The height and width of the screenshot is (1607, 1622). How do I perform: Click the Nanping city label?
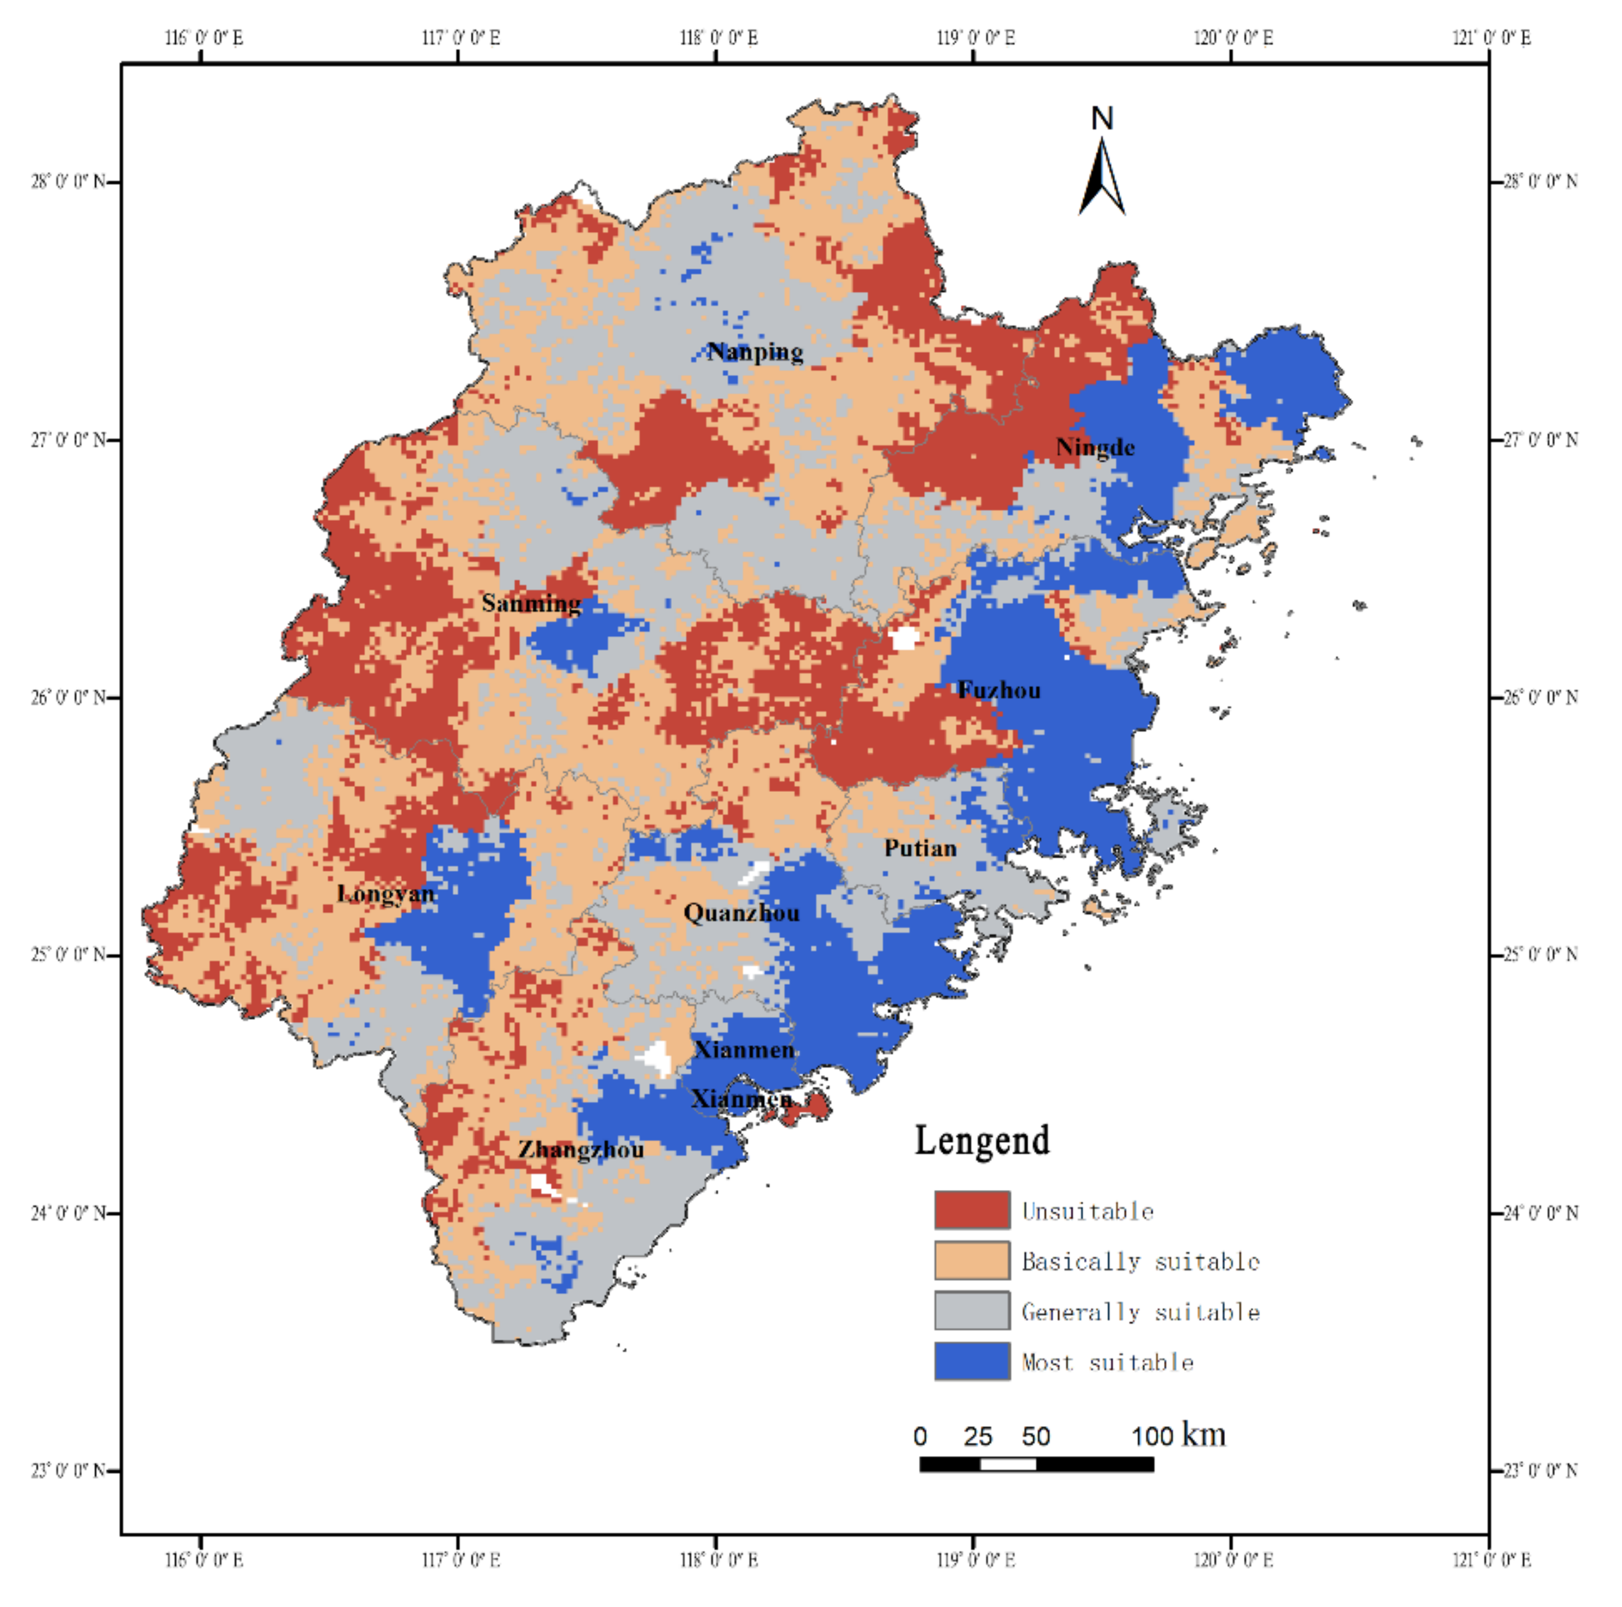pos(755,352)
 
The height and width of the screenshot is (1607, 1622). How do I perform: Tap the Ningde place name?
pos(1095,448)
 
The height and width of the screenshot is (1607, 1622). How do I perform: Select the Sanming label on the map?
pos(531,603)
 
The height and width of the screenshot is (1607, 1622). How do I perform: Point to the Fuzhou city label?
pos(999,690)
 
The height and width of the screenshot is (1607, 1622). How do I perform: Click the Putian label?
pos(920,849)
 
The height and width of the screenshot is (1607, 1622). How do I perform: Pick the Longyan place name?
pos(386,894)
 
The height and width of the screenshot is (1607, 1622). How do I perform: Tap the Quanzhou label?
pos(741,913)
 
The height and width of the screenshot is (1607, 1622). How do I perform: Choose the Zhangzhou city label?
pos(581,1150)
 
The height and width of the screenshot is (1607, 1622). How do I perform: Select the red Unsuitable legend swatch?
pos(972,1210)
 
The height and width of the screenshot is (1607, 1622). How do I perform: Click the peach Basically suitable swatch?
pos(972,1260)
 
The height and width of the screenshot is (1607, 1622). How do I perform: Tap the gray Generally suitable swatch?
pos(972,1311)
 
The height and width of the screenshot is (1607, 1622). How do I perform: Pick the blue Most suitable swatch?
pos(972,1361)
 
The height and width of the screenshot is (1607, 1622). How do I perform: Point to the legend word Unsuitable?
pos(1088,1211)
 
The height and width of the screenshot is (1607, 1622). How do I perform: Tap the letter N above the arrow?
pos(1102,119)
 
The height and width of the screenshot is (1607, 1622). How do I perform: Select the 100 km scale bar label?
pos(1178,1436)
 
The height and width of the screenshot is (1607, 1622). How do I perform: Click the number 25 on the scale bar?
pos(978,1437)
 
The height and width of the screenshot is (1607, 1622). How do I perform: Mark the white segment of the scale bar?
pos(1008,1464)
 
